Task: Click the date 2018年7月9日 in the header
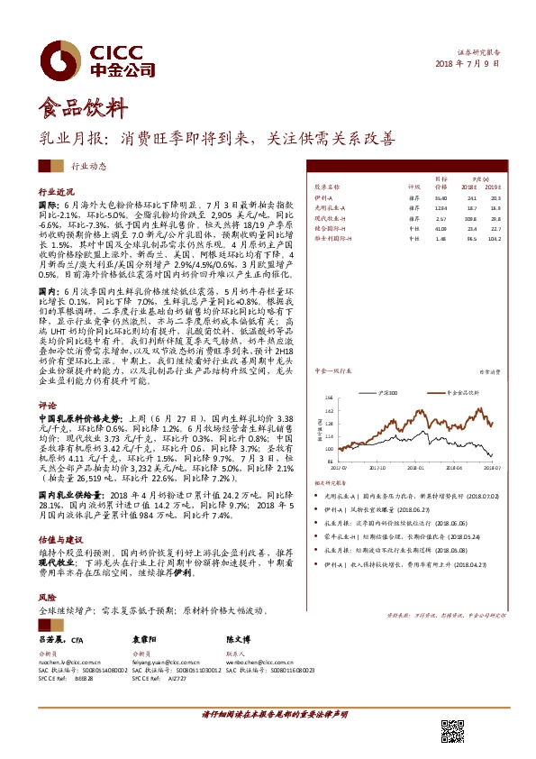click(x=467, y=64)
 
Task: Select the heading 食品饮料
click(x=77, y=110)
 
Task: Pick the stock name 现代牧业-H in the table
click(x=331, y=217)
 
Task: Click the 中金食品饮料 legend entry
click(x=463, y=368)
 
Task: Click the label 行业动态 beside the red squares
click(x=88, y=166)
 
